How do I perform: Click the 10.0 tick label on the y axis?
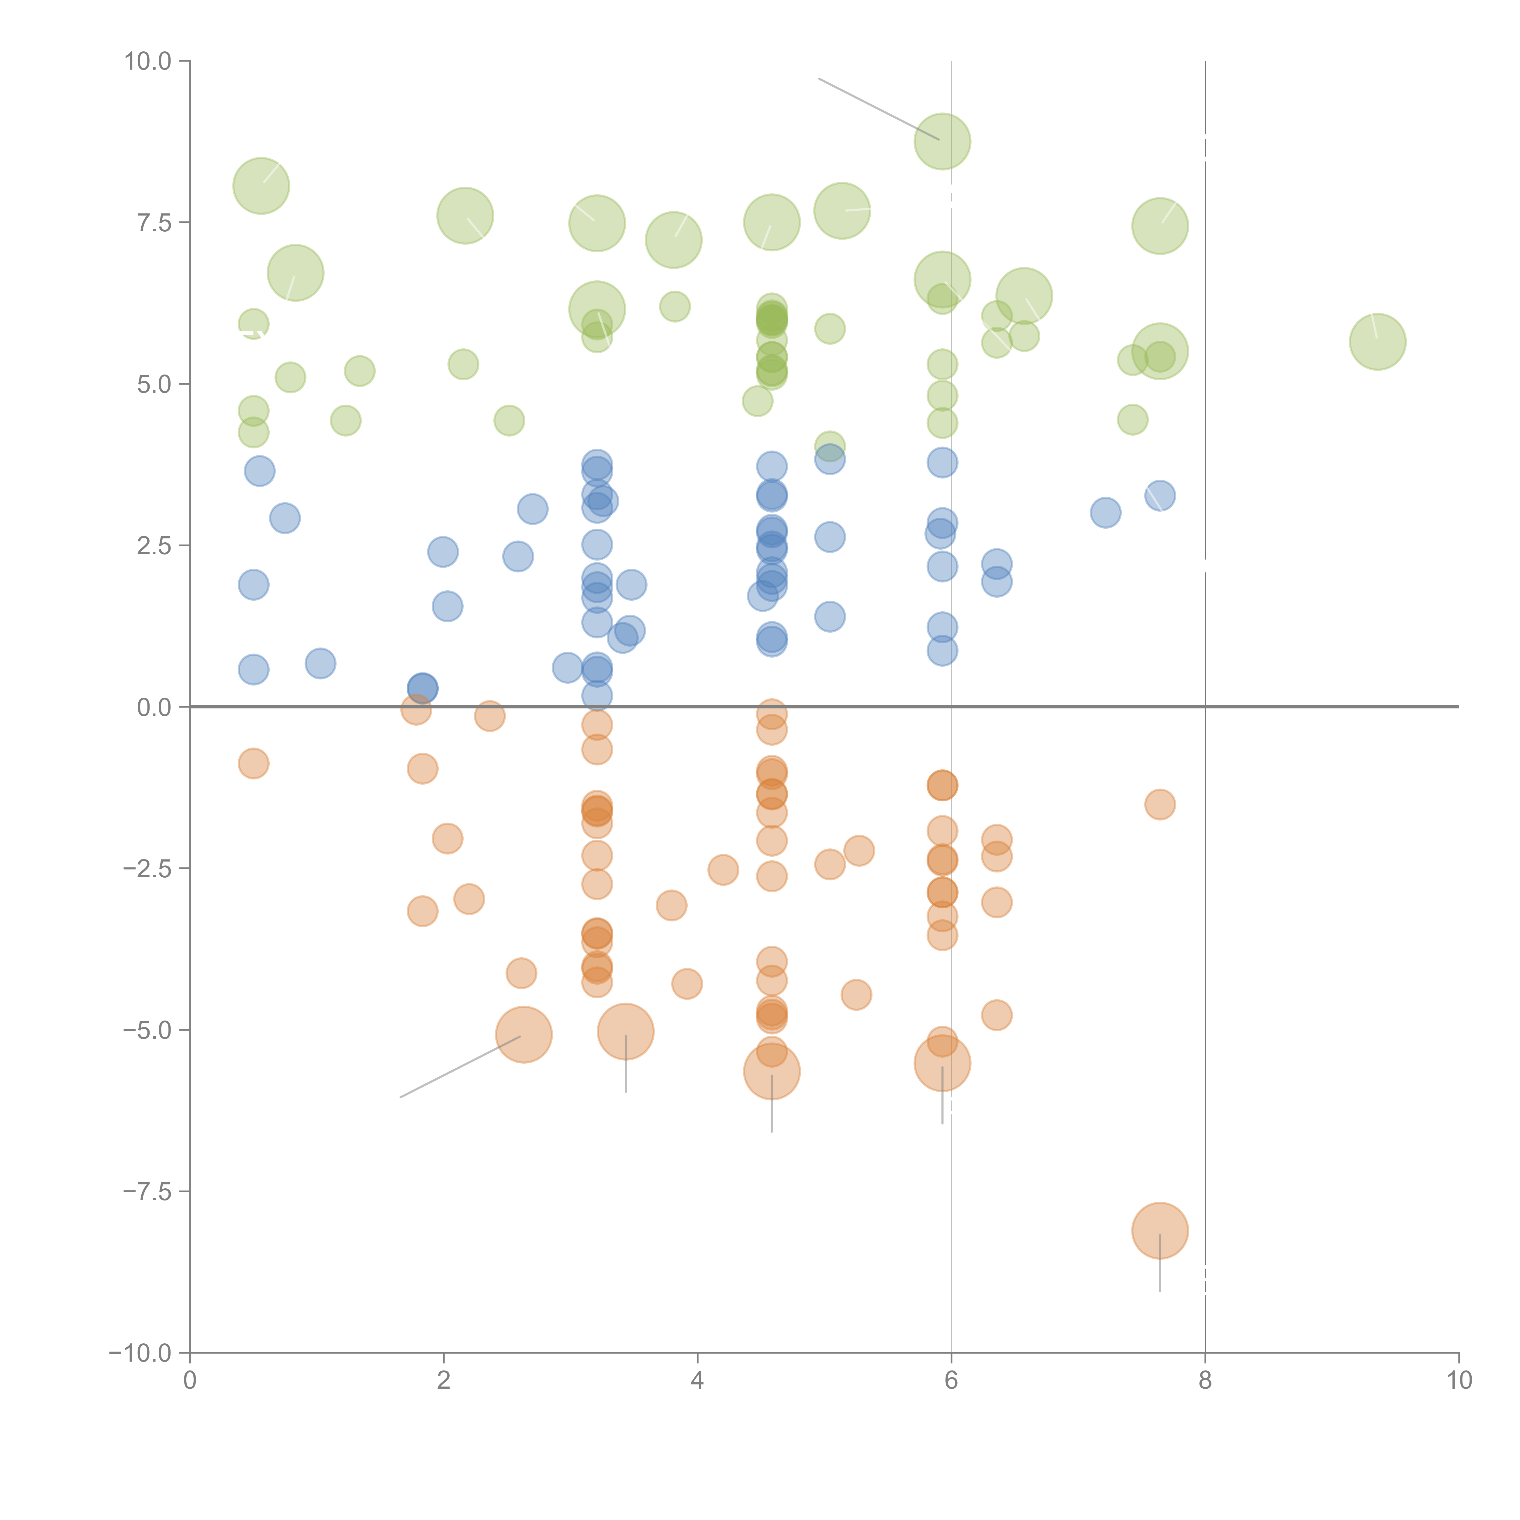[147, 61]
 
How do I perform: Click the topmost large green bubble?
[942, 142]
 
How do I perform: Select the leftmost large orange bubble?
[523, 1035]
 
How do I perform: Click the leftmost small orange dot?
[253, 763]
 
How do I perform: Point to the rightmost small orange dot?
[1160, 804]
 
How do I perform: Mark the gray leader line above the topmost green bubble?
[877, 109]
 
